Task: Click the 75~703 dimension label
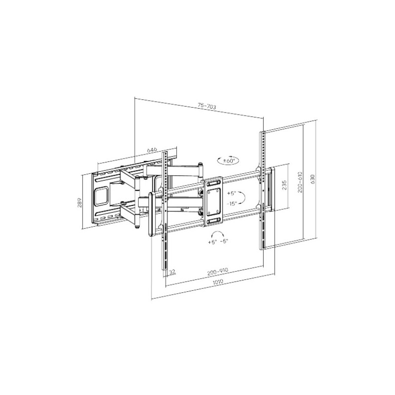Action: pyautogui.click(x=207, y=106)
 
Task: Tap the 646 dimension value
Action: pyautogui.click(x=152, y=150)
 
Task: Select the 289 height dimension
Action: pyautogui.click(x=79, y=202)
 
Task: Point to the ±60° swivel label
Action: pyautogui.click(x=229, y=161)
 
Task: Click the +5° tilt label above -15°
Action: pyautogui.click(x=231, y=194)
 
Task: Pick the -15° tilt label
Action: pyautogui.click(x=232, y=203)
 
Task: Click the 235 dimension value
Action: pyautogui.click(x=284, y=185)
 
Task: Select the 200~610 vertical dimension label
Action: pyautogui.click(x=300, y=182)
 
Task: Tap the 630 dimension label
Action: pyautogui.click(x=313, y=179)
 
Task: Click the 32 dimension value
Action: pyautogui.click(x=172, y=272)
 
